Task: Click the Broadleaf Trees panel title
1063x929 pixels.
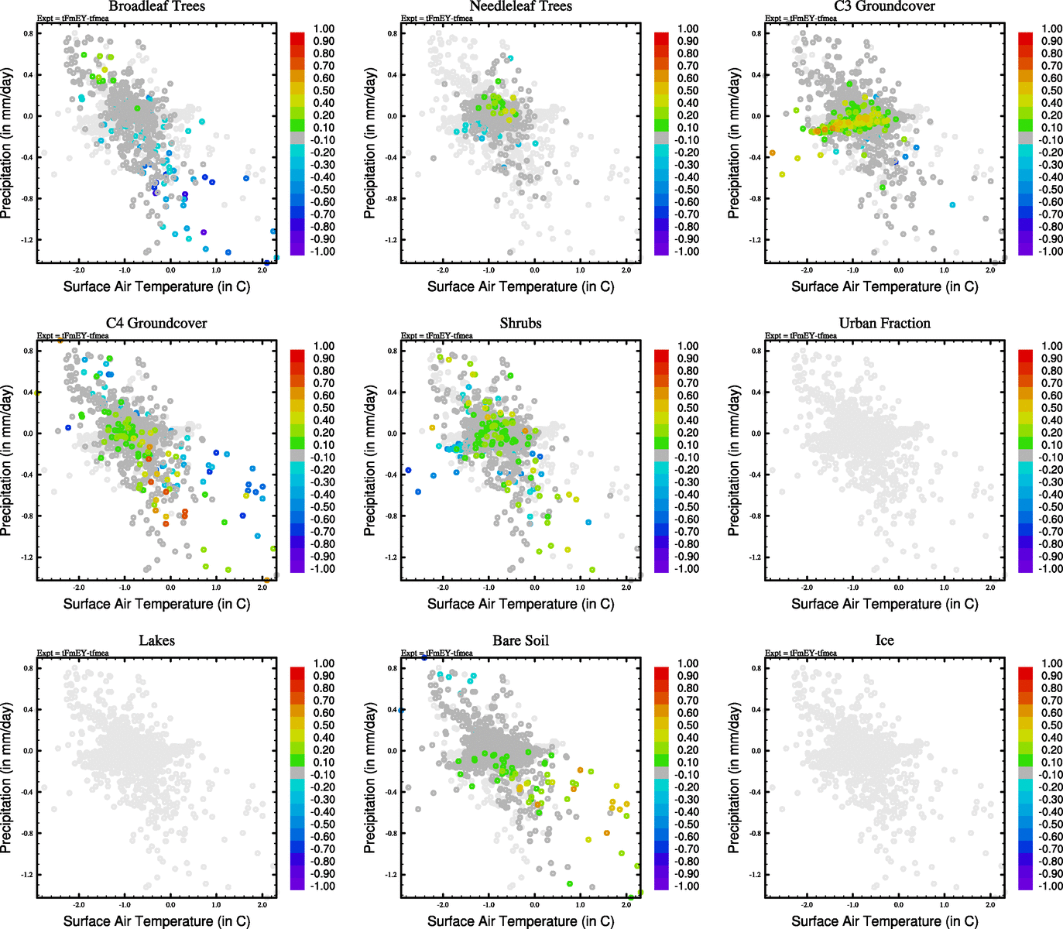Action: click(x=156, y=6)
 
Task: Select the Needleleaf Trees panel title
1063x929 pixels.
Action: click(x=520, y=6)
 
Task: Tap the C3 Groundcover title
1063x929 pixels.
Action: click(x=884, y=6)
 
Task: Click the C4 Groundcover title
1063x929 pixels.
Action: click(x=156, y=324)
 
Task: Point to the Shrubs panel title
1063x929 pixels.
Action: click(x=520, y=324)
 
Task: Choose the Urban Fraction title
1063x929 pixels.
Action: click(x=884, y=324)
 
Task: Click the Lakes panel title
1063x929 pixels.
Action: click(x=156, y=641)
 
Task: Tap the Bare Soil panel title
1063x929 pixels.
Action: click(x=520, y=641)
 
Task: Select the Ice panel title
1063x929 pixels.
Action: click(x=884, y=641)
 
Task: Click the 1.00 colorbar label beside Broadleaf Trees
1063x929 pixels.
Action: click(x=324, y=29)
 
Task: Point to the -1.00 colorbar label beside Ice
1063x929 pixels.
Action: click(x=1051, y=886)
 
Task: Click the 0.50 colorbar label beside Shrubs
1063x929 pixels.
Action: click(x=688, y=408)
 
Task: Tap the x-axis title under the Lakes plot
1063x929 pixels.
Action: click(x=156, y=921)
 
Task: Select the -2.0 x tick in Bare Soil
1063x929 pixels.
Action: click(x=443, y=904)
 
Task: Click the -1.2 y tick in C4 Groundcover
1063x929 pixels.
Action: click(x=27, y=557)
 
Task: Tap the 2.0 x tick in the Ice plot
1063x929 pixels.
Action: click(x=990, y=904)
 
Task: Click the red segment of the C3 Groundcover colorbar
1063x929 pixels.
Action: click(x=1025, y=37)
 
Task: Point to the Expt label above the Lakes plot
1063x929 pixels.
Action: click(x=73, y=653)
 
